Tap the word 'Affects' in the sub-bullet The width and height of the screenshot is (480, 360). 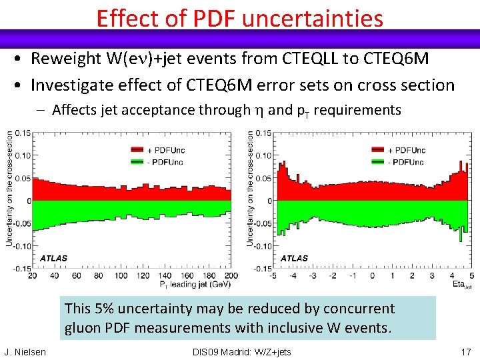75,109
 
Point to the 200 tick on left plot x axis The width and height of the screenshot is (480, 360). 231,275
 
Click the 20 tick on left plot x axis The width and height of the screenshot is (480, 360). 34,275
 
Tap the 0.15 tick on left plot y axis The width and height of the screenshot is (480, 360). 22,133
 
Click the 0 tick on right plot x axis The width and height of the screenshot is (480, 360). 373,275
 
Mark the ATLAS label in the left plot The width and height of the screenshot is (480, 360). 53,258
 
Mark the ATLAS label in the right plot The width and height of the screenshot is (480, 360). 294,258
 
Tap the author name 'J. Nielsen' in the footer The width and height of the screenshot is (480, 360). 25,352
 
